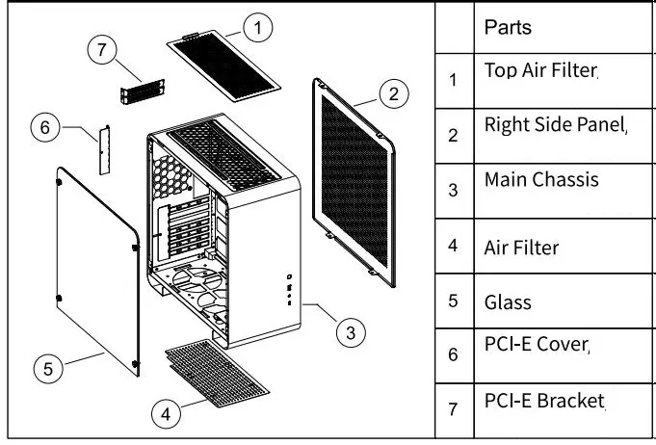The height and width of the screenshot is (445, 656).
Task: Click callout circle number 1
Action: click(257, 28)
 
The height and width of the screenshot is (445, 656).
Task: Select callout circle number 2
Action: click(392, 94)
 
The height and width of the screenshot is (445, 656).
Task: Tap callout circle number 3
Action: click(351, 333)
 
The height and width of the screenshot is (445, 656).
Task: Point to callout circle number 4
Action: click(167, 414)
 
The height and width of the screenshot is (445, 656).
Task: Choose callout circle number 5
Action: click(49, 367)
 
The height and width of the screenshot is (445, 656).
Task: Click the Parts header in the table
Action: click(508, 27)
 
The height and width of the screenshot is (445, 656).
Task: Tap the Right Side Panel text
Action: click(555, 124)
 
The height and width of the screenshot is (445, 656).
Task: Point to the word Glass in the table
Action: click(508, 301)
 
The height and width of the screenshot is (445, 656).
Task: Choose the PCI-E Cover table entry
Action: click(536, 344)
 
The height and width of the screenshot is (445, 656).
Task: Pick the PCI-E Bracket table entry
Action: click(544, 400)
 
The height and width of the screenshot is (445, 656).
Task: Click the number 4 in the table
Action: click(453, 247)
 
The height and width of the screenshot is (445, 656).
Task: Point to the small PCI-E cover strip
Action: click(103, 148)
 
